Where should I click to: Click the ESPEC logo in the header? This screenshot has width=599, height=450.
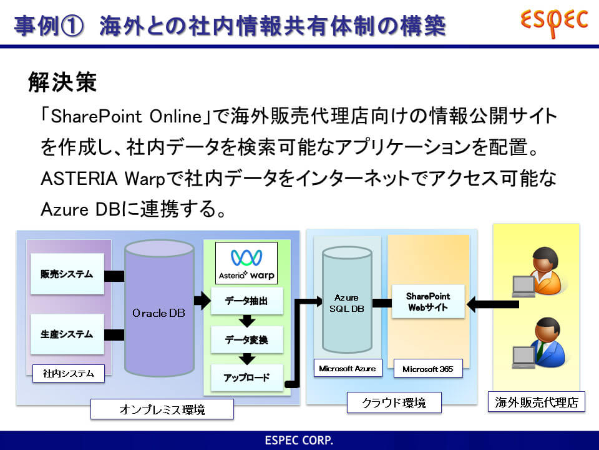click(x=554, y=22)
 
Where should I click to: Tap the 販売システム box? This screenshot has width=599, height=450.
click(x=67, y=274)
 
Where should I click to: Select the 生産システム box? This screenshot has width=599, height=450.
click(x=67, y=334)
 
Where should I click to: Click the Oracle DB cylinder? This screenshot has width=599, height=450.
click(x=159, y=308)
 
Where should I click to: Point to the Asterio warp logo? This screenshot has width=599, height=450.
click(x=246, y=263)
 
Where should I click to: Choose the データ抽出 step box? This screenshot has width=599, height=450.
click(x=247, y=301)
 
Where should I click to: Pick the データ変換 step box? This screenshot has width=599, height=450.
click(x=247, y=339)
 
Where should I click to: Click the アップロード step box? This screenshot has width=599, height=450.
click(x=247, y=377)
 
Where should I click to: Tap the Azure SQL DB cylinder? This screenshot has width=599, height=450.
click(x=347, y=299)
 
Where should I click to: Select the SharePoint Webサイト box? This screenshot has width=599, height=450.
click(x=428, y=301)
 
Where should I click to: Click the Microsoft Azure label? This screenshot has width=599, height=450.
click(x=348, y=368)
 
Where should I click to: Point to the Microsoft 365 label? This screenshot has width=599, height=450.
click(x=428, y=369)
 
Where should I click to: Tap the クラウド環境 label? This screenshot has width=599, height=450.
click(x=394, y=402)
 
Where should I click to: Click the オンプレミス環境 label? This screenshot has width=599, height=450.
click(x=162, y=409)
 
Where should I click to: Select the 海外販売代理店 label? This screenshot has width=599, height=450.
click(x=537, y=402)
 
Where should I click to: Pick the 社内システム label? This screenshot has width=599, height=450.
click(x=69, y=374)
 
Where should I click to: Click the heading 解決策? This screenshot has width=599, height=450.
click(x=62, y=81)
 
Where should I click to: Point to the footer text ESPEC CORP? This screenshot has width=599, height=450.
click(x=299, y=440)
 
